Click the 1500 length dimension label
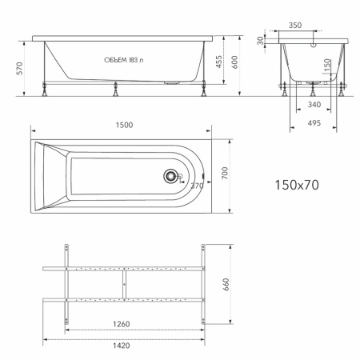coord(124,125)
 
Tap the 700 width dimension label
coord(225,173)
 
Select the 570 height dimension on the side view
coord(20,68)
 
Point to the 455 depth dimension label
coord(218,62)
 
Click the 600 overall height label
coord(234,62)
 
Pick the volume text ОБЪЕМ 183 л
coord(123,60)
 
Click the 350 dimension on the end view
coord(295,26)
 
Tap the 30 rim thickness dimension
coord(260,41)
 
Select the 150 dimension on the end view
coord(327,66)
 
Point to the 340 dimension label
coord(314,105)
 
